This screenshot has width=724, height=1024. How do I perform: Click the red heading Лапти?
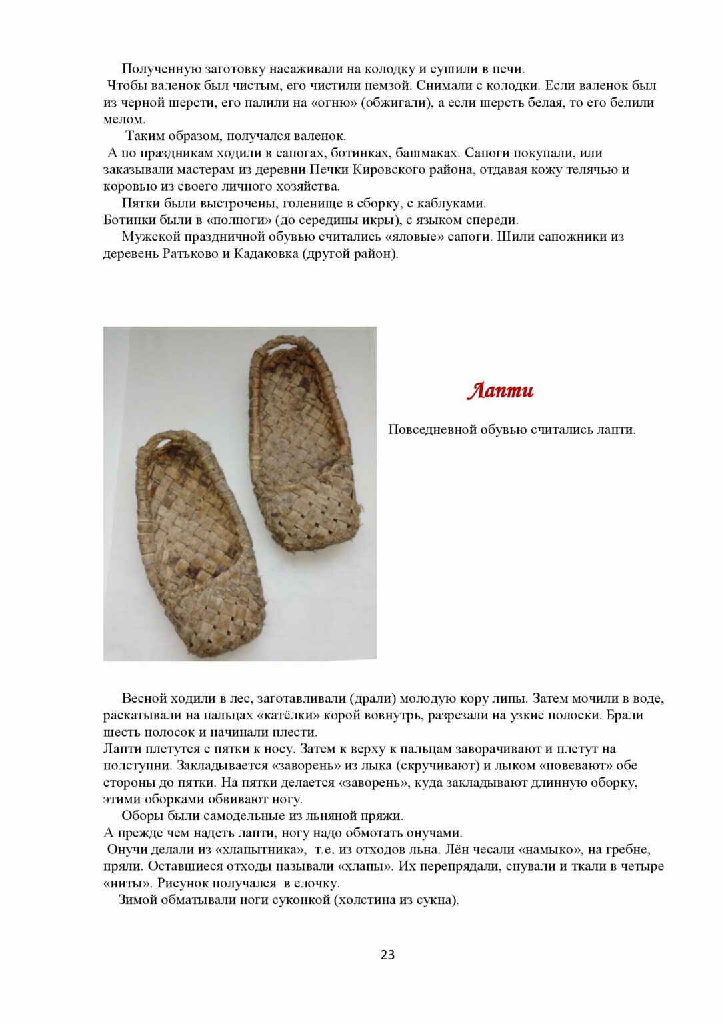(500, 391)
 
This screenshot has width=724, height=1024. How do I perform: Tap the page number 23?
(387, 955)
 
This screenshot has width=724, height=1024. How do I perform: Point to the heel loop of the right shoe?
(274, 347)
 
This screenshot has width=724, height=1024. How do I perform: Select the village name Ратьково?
(187, 254)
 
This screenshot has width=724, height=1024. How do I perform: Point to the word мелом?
(124, 120)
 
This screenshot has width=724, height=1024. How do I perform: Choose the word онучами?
(431, 833)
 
